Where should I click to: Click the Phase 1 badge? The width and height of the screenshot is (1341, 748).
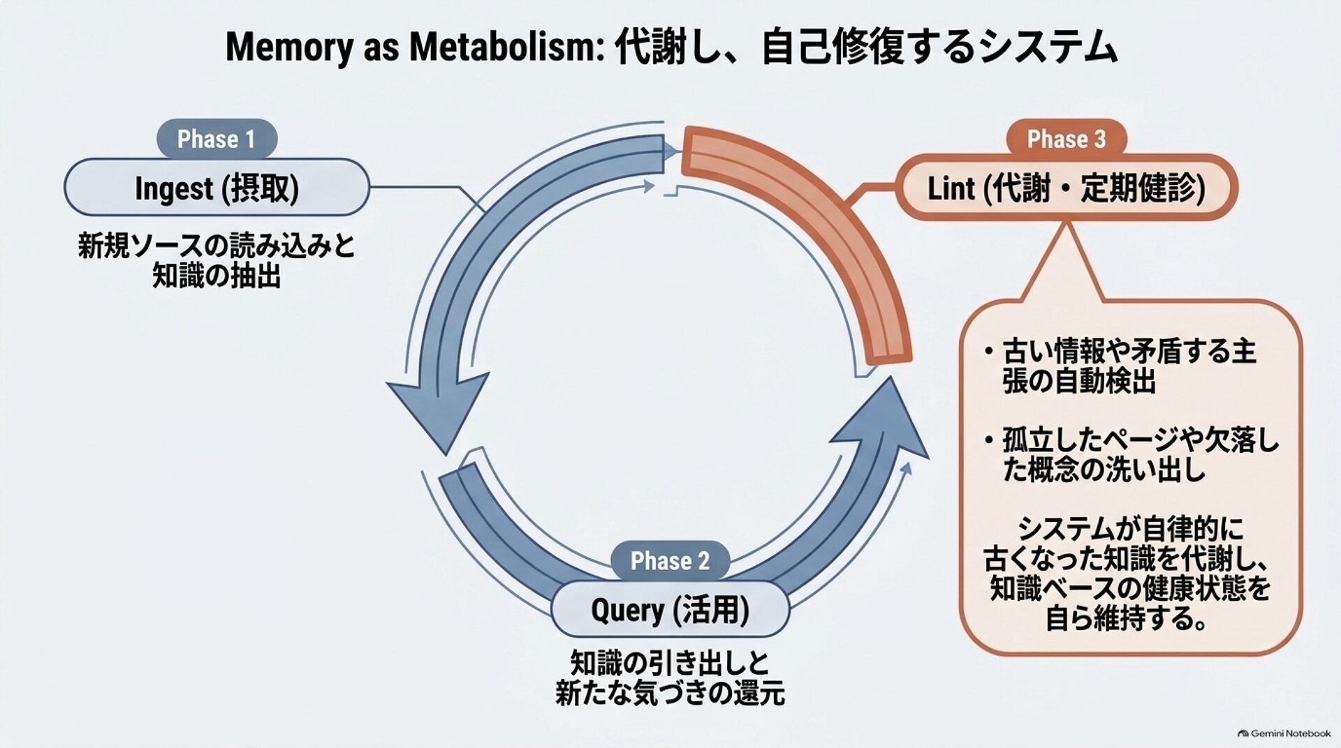pos(217,139)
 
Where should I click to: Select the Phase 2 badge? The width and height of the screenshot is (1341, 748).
pos(670,560)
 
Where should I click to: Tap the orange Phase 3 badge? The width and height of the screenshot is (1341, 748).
pos(1066,139)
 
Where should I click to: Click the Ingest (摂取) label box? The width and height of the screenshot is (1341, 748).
pos(217,187)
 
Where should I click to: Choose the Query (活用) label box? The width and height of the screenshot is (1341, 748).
pos(670,609)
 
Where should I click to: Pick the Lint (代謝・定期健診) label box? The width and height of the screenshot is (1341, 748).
pos(1066,188)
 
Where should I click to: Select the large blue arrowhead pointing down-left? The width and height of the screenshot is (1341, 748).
pos(437,412)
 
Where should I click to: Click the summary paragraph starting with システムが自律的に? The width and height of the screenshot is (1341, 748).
pos(1127,574)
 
